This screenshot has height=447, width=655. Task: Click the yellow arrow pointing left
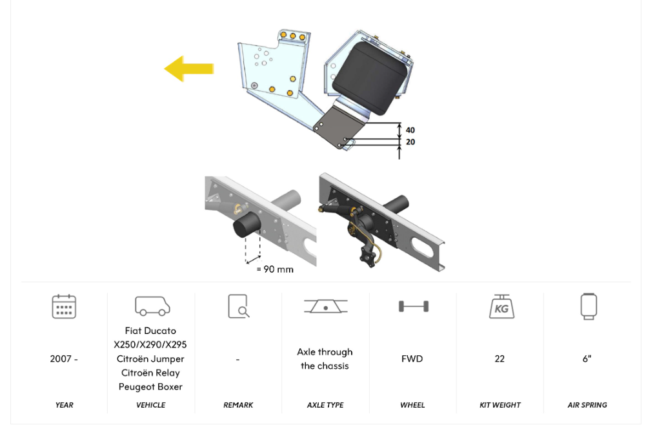pyautogui.click(x=188, y=68)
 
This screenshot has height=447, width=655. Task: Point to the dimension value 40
pyautogui.click(x=410, y=130)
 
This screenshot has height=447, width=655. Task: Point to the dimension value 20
pyautogui.click(x=410, y=141)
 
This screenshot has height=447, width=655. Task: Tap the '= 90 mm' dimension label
pyautogui.click(x=275, y=269)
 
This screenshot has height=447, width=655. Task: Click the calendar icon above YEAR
pyautogui.click(x=64, y=306)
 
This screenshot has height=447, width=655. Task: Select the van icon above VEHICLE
pyautogui.click(x=152, y=306)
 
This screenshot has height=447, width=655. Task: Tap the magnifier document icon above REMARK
pyautogui.click(x=238, y=306)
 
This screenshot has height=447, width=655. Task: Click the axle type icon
pyautogui.click(x=325, y=306)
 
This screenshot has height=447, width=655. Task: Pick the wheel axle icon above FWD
pyautogui.click(x=412, y=306)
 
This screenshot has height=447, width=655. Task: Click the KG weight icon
pyautogui.click(x=500, y=306)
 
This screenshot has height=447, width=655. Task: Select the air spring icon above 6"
pyautogui.click(x=588, y=306)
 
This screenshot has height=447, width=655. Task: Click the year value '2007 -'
pyautogui.click(x=64, y=359)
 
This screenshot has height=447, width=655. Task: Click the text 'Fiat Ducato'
pyautogui.click(x=150, y=331)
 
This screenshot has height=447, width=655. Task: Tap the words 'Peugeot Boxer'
pyautogui.click(x=150, y=387)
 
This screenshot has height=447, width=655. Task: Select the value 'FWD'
pyautogui.click(x=412, y=359)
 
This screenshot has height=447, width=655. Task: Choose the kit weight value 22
pyautogui.click(x=499, y=359)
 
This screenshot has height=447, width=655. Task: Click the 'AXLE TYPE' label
pyautogui.click(x=325, y=405)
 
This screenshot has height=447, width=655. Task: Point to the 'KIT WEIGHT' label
pyautogui.click(x=499, y=405)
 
